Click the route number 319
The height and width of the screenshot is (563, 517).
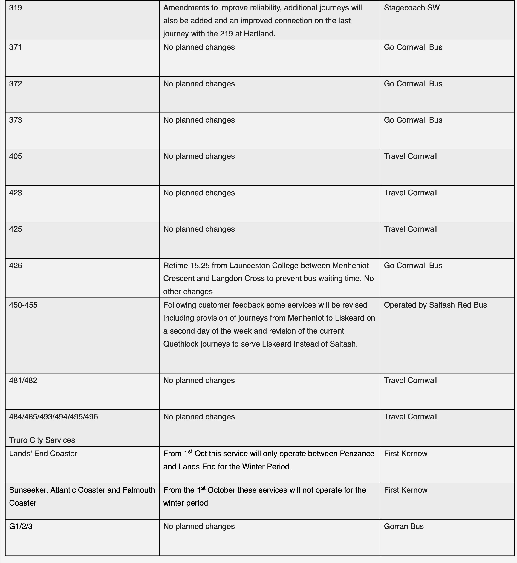(16, 8)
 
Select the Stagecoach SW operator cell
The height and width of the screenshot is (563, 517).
(412, 8)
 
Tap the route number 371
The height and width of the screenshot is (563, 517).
(16, 47)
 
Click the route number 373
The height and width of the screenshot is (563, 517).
(16, 120)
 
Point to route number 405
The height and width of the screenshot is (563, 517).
(16, 156)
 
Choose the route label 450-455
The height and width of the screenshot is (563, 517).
(23, 305)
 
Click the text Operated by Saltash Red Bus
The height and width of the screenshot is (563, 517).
(435, 305)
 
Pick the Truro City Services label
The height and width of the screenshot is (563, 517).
(42, 440)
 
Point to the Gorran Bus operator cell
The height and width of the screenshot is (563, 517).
(404, 526)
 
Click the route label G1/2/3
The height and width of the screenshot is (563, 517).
(21, 526)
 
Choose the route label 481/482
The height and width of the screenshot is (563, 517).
(23, 381)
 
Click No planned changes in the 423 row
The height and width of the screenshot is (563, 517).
(199, 193)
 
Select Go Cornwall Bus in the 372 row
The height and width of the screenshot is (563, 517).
(413, 84)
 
